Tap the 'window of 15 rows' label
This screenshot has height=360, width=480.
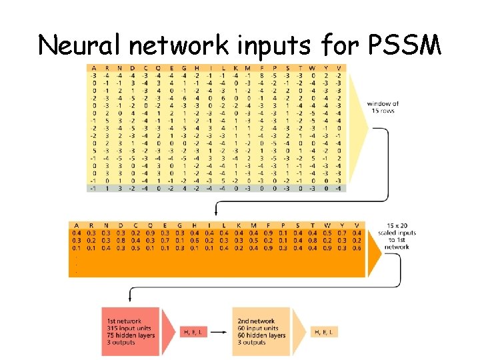[x=383, y=107]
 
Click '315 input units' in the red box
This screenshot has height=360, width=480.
[x=129, y=328]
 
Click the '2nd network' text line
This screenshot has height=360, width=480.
[x=257, y=321]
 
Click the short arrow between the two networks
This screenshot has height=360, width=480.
[x=222, y=331]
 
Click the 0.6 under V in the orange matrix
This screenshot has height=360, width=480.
[x=357, y=247]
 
